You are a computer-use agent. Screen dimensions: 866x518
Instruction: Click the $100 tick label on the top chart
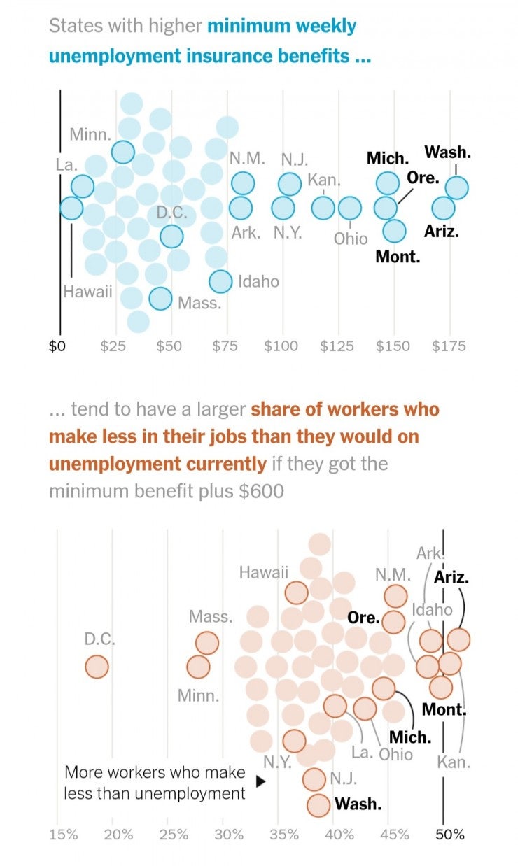click(281, 346)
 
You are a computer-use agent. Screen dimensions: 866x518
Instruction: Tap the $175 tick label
click(449, 346)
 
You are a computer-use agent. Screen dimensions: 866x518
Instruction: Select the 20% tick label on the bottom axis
click(118, 834)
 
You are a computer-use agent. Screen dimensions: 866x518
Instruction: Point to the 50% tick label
click(449, 834)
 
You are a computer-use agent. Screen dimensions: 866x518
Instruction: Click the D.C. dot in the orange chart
click(97, 667)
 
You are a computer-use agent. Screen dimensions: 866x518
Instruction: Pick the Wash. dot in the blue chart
click(456, 187)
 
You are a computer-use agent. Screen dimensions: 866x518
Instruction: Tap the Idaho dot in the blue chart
click(220, 281)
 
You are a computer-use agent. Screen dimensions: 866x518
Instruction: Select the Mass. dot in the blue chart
click(160, 299)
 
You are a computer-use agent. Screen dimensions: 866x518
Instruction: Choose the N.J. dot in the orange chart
click(315, 778)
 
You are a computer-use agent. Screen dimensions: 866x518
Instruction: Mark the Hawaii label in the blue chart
click(87, 292)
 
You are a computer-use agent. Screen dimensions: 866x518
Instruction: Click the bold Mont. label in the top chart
click(398, 257)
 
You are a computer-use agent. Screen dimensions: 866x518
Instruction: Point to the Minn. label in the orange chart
click(198, 696)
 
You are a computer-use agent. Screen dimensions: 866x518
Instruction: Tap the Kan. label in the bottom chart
click(454, 762)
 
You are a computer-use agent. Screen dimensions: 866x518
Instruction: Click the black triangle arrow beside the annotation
click(260, 782)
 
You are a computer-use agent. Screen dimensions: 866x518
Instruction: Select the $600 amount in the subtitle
click(261, 491)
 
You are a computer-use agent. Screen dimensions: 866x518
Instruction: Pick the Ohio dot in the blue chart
click(349, 208)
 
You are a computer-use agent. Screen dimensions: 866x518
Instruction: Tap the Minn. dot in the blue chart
click(123, 151)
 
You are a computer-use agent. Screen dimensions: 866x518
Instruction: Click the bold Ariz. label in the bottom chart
click(451, 577)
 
